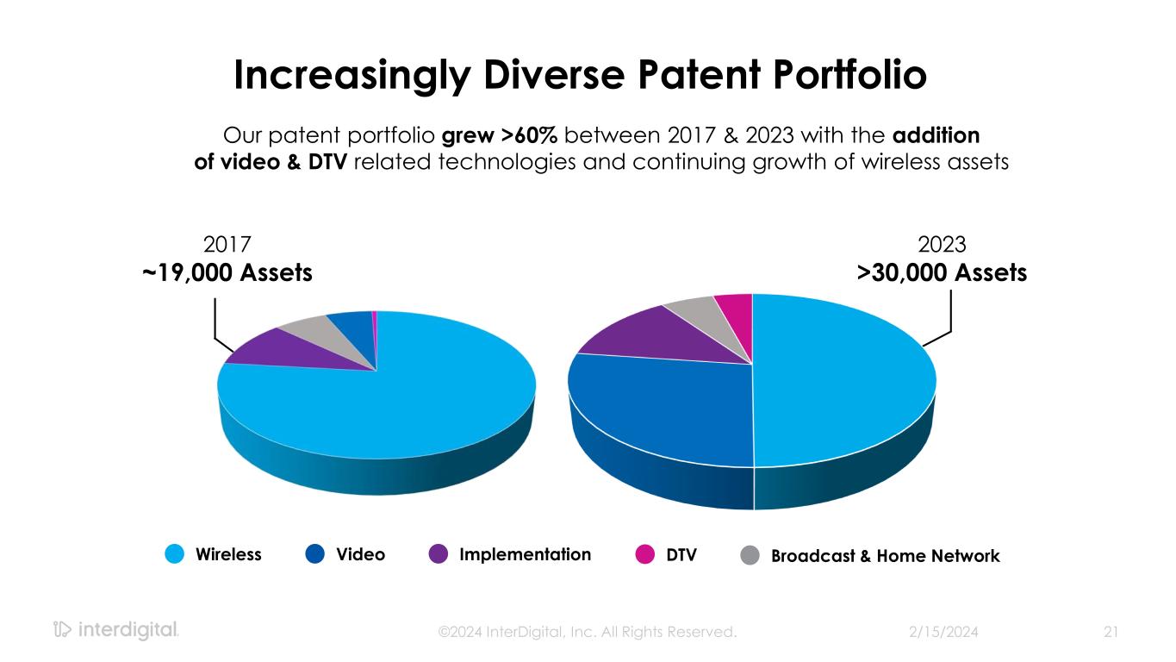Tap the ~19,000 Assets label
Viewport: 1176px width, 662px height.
pyautogui.click(x=227, y=273)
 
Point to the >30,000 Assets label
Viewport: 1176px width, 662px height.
pyautogui.click(x=941, y=273)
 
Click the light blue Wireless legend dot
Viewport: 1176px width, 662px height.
pyautogui.click(x=176, y=554)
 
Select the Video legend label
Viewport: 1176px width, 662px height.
pyautogui.click(x=361, y=554)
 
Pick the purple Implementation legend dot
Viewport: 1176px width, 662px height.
pyautogui.click(x=439, y=554)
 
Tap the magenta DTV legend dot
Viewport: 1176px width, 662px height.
pyautogui.click(x=644, y=554)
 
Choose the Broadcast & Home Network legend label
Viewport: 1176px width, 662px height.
pyautogui.click(x=885, y=556)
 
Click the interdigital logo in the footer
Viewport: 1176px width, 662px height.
pyautogui.click(x=115, y=630)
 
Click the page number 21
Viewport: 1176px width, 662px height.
pyautogui.click(x=1111, y=632)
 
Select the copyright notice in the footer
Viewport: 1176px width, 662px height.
pyautogui.click(x=588, y=632)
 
